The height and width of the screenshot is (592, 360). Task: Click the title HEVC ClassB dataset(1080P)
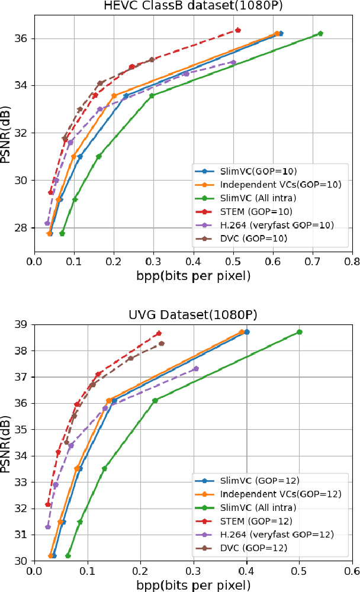194,7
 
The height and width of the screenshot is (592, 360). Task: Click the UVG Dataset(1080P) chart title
194,314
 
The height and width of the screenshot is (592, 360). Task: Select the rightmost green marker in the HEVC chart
320,34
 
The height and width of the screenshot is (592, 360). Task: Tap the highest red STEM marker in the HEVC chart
237,30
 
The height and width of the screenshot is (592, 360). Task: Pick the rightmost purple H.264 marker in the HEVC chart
233,62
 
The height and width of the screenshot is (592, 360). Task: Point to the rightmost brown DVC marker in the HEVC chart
152,59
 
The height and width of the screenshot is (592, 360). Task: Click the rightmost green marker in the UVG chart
300,332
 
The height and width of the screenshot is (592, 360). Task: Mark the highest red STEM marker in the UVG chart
159,333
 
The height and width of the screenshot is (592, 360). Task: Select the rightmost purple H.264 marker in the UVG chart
196,369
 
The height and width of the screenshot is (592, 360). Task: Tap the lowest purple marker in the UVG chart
48,527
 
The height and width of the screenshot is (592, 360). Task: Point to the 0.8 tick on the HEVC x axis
352,259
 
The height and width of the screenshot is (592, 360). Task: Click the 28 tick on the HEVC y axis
22,228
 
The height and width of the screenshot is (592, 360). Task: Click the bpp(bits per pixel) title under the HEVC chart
194,275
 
